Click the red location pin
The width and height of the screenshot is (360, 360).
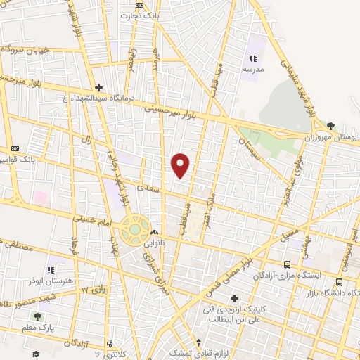click(x=181, y=165)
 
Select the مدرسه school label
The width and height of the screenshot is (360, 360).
click(x=253, y=70)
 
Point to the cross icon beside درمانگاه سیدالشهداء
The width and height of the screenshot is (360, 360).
click(x=99, y=88)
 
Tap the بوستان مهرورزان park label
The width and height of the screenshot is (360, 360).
click(x=335, y=136)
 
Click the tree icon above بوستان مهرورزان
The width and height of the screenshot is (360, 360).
click(x=330, y=126)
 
